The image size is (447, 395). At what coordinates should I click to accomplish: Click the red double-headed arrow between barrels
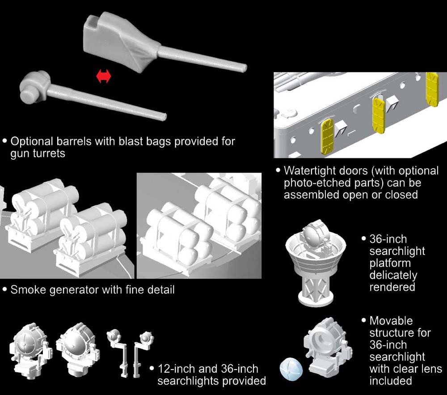click(x=104, y=77)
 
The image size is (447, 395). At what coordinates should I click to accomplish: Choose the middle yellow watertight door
click(x=380, y=116)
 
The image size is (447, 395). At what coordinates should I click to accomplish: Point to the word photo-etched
click(x=322, y=183)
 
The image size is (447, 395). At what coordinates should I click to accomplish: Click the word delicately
click(x=393, y=275)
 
